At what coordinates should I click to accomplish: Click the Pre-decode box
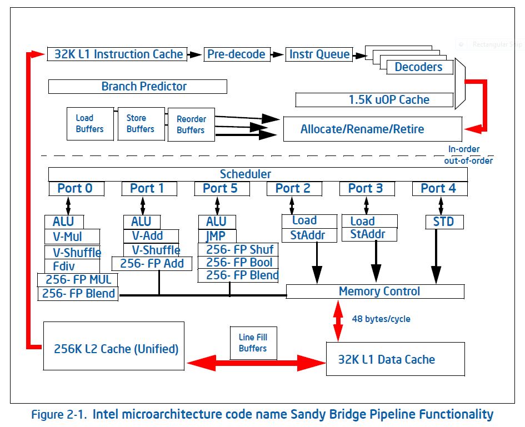[x=237, y=54]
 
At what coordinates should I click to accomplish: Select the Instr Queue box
[x=319, y=54]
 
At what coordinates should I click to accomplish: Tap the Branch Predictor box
[x=138, y=87]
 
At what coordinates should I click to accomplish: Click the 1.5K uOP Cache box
[x=374, y=100]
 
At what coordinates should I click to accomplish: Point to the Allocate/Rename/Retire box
[x=373, y=129]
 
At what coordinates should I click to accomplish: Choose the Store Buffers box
[x=141, y=124]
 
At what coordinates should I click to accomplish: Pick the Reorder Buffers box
[x=191, y=124]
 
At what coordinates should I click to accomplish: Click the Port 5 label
[x=220, y=188]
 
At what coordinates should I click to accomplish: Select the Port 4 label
[x=438, y=188]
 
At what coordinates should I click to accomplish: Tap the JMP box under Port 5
[x=217, y=236]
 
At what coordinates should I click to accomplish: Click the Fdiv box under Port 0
[x=72, y=267]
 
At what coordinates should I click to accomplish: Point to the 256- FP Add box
[x=152, y=264]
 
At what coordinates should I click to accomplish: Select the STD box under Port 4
[x=444, y=222]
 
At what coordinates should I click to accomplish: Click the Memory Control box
[x=376, y=292]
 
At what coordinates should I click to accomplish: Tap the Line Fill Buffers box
[x=253, y=343]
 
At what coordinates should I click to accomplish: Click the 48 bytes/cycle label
[x=381, y=319]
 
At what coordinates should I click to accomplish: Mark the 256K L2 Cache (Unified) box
[x=114, y=346]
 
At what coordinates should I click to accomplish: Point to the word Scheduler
[x=246, y=174]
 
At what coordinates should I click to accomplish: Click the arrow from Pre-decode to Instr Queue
[x=277, y=54]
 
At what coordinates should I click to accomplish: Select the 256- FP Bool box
[x=238, y=263]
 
